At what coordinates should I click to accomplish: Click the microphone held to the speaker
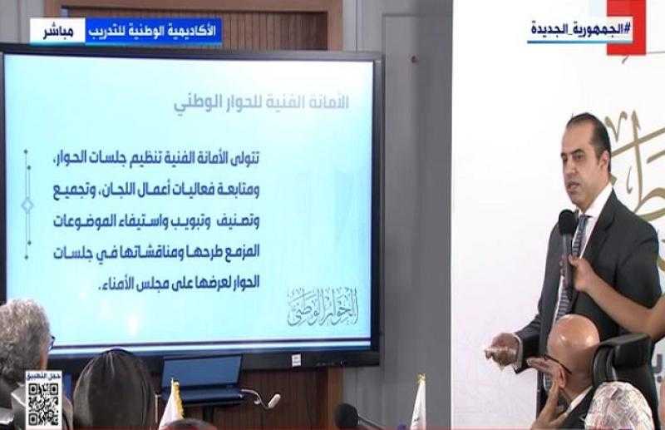[x=567, y=232]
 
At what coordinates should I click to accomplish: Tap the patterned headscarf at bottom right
[x=616, y=408]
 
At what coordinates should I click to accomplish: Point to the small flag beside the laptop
[x=175, y=403]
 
